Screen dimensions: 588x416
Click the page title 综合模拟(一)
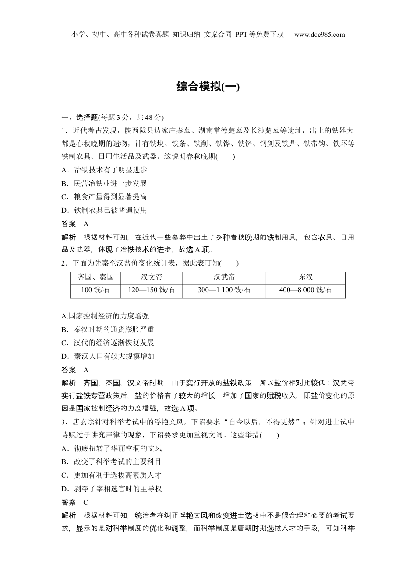click(x=208, y=87)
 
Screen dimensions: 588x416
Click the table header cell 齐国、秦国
click(x=95, y=277)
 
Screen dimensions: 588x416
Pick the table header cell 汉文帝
click(x=152, y=277)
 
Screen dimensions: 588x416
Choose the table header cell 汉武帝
click(x=224, y=277)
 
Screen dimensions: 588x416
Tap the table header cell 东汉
click(x=305, y=277)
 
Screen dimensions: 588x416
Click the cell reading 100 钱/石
click(x=95, y=290)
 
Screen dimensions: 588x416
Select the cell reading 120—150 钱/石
click(x=152, y=290)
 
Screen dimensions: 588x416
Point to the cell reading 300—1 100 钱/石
click(x=224, y=290)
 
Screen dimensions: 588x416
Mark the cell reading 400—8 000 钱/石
click(x=305, y=290)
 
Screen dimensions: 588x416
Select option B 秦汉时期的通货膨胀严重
click(x=108, y=329)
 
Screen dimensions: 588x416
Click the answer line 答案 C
click(x=75, y=502)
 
